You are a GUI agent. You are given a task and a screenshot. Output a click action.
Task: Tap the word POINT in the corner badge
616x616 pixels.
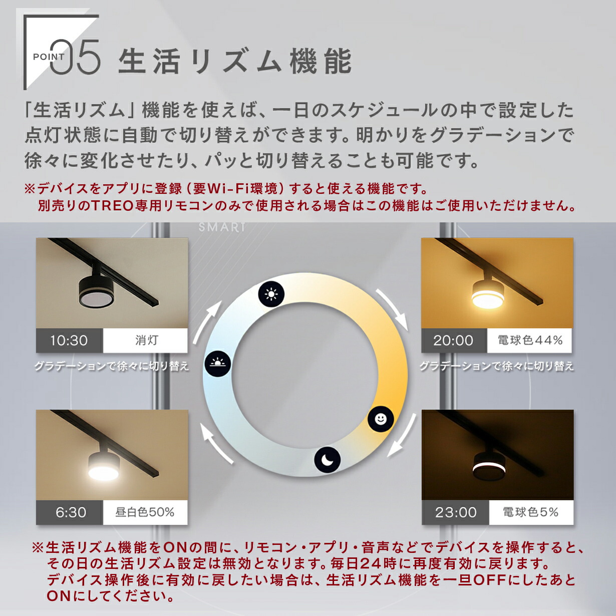pos(49,57)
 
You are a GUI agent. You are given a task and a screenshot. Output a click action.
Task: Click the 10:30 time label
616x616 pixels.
pos(69,341)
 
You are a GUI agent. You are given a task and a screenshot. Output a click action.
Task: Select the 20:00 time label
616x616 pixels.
pos(453,341)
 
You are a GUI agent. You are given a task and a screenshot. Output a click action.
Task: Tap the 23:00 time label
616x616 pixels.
pos(455,512)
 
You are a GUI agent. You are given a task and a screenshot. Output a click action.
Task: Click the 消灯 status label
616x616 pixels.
pos(146,341)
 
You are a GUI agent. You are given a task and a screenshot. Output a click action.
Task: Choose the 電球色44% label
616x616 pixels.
pos(530,341)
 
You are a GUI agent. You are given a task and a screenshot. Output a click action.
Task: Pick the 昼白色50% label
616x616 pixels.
pos(145,512)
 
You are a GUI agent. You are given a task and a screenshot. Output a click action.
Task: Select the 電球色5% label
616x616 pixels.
pos(530,512)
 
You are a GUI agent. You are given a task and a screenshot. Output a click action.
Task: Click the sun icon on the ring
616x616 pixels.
pos(271,294)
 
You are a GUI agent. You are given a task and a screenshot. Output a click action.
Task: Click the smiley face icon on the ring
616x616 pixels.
pos(381,419)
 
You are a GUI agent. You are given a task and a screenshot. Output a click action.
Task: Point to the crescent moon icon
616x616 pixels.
pos(328,459)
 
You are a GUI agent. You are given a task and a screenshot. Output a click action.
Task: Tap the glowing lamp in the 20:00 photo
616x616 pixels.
pos(487,294)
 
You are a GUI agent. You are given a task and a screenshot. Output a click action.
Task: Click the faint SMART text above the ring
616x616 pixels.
pos(222,227)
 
